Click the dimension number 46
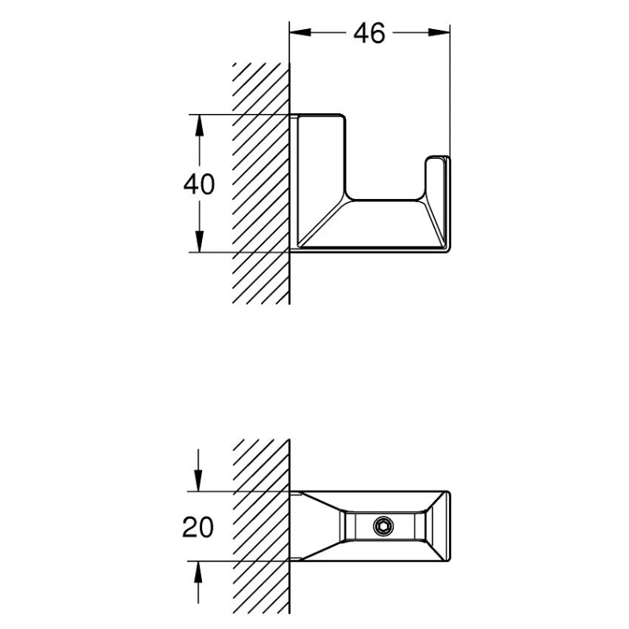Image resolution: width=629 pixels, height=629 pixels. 369,33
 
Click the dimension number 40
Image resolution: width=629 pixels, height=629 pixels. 199,185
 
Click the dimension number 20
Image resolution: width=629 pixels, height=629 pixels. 198,527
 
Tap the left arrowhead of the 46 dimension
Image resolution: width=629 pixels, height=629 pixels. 300,32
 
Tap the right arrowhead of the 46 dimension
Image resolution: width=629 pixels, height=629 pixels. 440,32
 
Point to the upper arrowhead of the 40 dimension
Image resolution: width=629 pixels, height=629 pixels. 199,125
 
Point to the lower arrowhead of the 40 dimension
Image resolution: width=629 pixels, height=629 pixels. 199,241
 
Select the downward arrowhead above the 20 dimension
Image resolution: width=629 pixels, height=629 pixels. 198,480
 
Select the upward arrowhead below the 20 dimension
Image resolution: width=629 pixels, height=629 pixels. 198,572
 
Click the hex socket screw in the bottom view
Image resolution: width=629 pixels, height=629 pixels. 383,526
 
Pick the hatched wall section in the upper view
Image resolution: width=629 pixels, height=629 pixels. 261,183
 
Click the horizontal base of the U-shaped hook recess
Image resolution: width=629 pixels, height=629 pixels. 385,200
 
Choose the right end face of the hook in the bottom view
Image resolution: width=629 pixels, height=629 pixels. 446,526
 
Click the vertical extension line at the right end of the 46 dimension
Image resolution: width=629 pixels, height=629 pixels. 450,90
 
